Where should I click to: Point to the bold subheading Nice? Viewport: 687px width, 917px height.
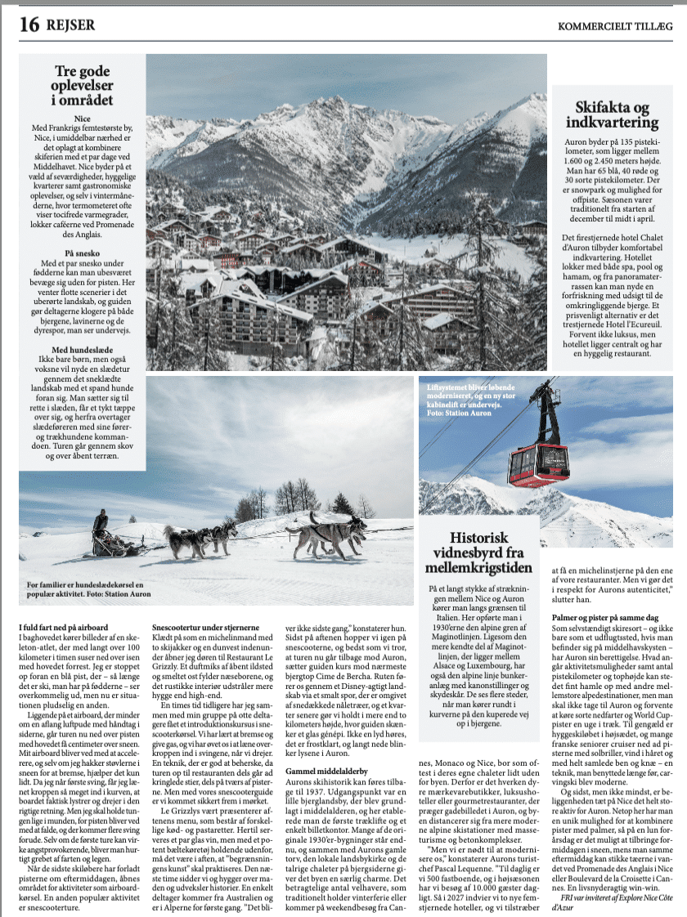83,120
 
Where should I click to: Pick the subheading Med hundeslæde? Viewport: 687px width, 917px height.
83,351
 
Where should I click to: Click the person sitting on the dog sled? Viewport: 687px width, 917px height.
100,523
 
